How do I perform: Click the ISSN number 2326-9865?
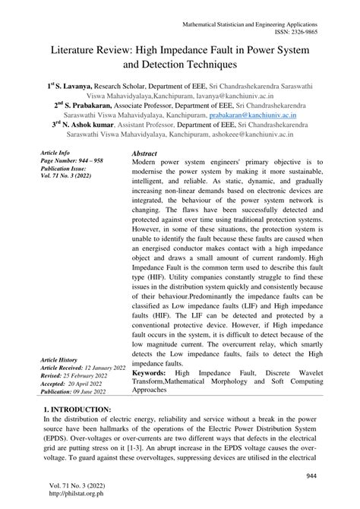(327, 33)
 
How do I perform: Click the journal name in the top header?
(263, 24)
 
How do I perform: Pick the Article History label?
(63, 359)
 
